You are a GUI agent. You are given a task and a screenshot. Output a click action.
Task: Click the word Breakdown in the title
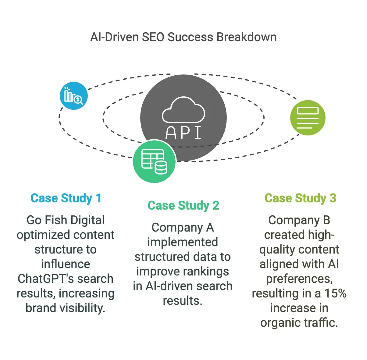coord(246,37)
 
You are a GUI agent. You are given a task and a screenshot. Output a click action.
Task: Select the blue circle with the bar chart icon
coord(74,96)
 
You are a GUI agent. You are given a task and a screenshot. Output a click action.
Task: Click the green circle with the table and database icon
coord(154,161)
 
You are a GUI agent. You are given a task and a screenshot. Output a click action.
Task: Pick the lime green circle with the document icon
coord(308,118)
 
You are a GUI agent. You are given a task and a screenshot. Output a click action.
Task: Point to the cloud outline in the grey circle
coord(184,110)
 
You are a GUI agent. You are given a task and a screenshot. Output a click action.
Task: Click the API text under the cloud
coord(183,133)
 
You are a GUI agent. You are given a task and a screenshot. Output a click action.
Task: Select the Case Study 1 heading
coord(66,198)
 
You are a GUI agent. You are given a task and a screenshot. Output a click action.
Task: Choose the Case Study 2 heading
coord(184,206)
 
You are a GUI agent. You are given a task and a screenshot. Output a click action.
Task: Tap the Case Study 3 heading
coord(300,198)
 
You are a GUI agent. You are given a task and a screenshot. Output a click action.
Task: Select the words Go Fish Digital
coord(66,220)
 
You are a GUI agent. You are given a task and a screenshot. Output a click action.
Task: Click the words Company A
coord(183,228)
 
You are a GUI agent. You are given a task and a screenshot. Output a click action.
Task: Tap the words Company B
coord(299,220)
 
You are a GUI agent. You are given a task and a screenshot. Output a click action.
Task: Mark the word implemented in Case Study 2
coord(183,242)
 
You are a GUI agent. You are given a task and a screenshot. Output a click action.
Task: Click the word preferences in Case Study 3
coord(299,279)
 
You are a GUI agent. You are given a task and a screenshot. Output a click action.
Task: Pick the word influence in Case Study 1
coord(66,264)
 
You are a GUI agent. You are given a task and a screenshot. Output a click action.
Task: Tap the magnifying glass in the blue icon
coord(78,100)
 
